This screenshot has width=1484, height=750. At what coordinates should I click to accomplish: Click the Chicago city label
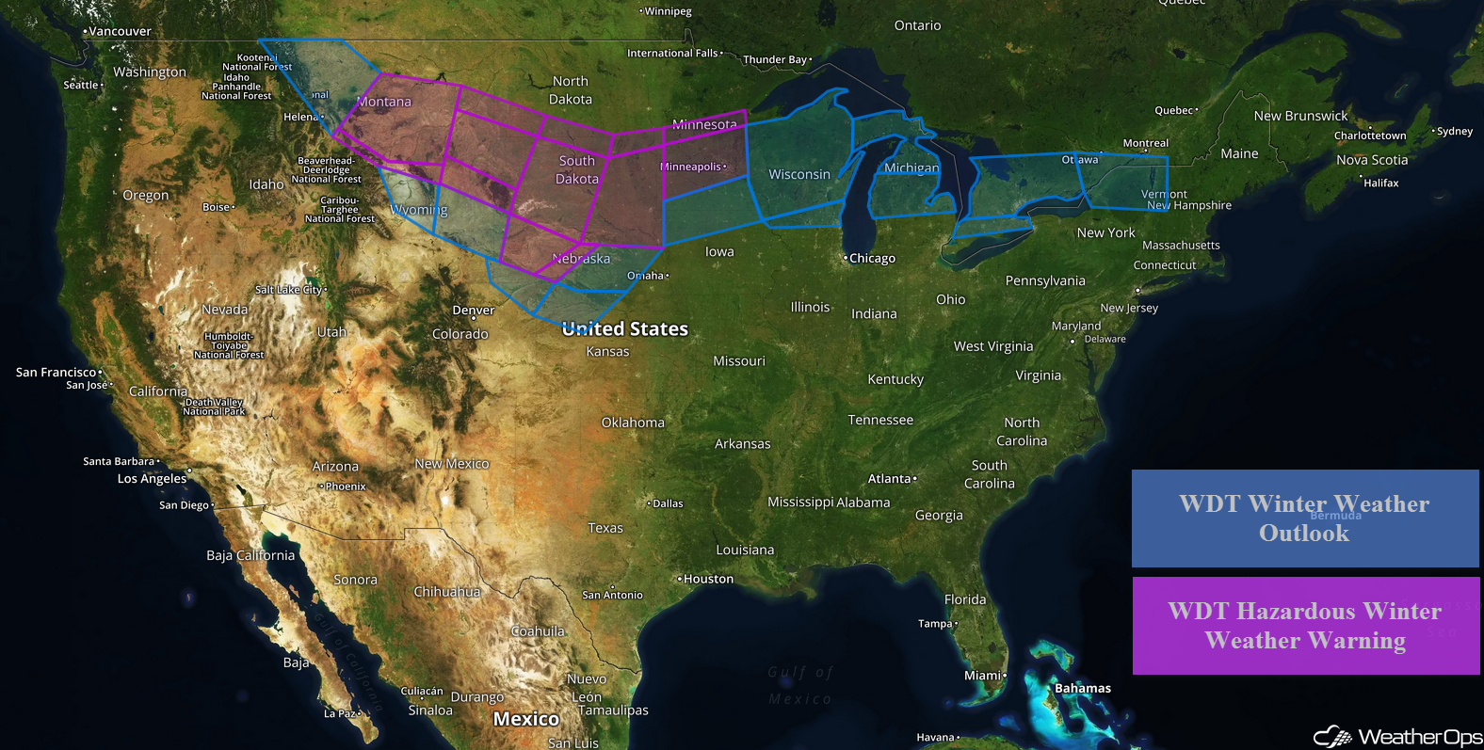coord(872,258)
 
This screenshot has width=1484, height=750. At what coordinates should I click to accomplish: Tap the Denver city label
coord(473,310)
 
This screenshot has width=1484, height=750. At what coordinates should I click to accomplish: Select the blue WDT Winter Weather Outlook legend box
coord(1304,519)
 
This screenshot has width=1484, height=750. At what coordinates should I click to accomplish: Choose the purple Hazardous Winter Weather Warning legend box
coord(1305,626)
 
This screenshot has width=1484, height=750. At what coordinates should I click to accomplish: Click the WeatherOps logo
coord(1397,736)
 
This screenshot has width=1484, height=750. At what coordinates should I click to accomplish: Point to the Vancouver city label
coord(119,31)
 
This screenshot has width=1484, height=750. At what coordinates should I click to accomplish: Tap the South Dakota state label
coord(576,169)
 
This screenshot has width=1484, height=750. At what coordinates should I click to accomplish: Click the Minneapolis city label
coord(691,167)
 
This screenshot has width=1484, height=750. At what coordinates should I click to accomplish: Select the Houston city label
coord(707,579)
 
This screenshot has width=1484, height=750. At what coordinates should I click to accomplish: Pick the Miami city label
coord(983,675)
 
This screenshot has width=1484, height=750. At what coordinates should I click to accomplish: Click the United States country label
coord(625,328)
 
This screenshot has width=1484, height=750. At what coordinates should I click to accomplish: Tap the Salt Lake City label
coord(289,290)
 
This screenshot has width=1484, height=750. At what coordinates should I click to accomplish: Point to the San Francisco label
coord(56,373)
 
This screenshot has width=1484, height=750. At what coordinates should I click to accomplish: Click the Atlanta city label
coord(890,478)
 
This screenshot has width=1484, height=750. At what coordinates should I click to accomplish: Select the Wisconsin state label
coord(799,174)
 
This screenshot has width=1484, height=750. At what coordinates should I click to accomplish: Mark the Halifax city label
coord(1380,183)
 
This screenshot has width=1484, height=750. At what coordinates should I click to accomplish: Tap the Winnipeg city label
coord(668,11)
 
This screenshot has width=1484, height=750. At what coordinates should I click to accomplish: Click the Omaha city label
coord(646,276)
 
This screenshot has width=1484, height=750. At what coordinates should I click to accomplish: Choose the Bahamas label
coord(1082,688)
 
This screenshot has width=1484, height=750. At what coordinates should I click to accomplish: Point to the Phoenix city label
coord(345,487)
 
